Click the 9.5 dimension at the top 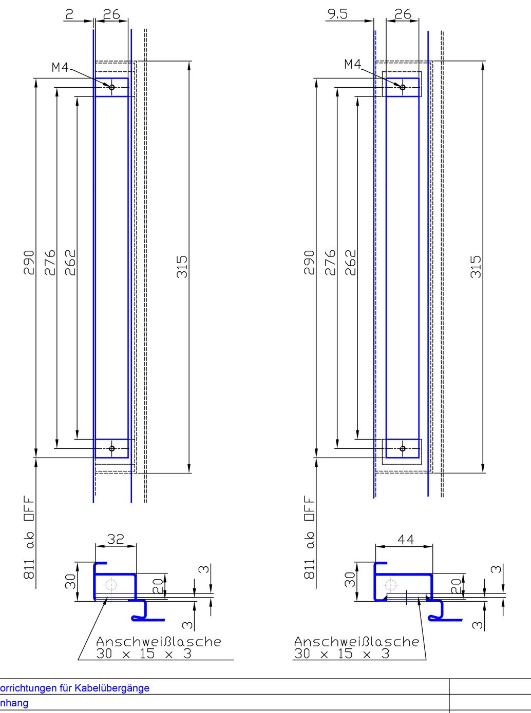click(x=337, y=14)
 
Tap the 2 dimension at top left click(x=69, y=14)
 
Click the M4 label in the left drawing click(x=60, y=67)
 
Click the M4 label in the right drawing click(x=353, y=64)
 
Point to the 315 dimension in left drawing click(x=182, y=267)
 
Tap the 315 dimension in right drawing click(x=476, y=267)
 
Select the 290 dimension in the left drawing click(x=29, y=263)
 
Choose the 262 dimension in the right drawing click(x=350, y=263)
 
